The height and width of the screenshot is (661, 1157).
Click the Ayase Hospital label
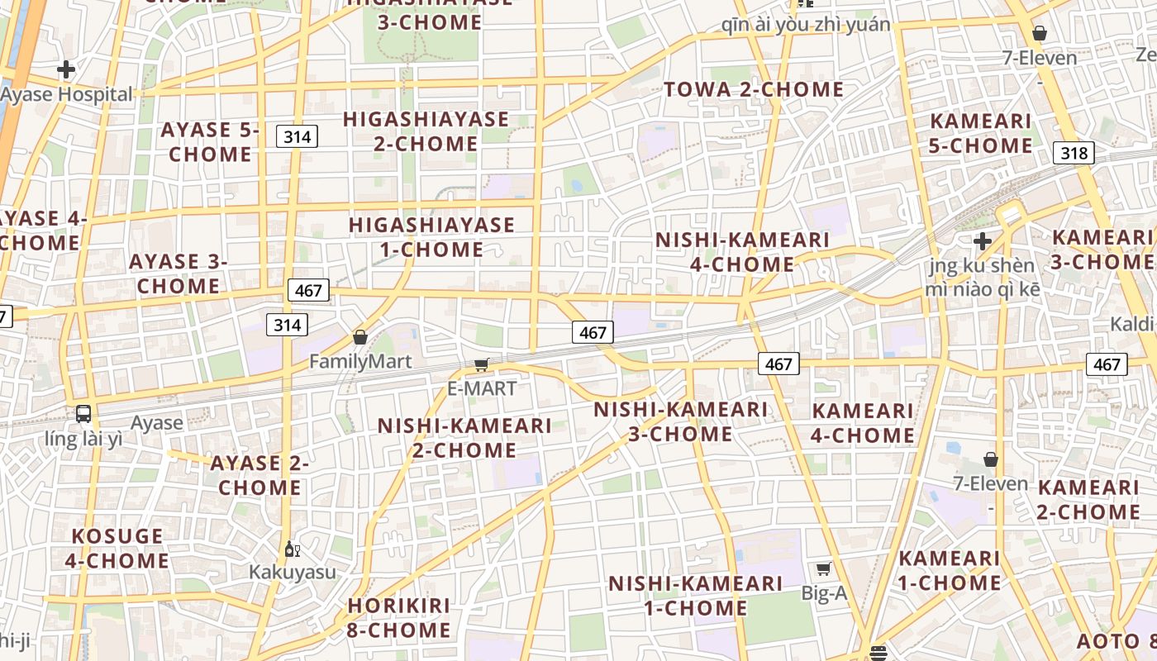[66, 94]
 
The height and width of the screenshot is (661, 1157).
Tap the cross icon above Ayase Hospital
[66, 69]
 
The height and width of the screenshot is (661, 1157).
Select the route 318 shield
[1074, 153]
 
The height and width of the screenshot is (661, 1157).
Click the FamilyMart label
[360, 361]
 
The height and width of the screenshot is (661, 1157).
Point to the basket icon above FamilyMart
[360, 337]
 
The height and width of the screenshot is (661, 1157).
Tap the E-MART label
[482, 388]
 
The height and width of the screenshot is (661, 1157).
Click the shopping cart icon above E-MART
[482, 364]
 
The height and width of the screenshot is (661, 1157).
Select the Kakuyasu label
[293, 572]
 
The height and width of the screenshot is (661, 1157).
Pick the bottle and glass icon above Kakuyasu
[292, 549]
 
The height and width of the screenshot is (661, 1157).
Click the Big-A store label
[825, 592]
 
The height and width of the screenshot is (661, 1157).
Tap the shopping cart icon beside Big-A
[824, 568]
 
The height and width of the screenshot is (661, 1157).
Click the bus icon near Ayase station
[83, 414]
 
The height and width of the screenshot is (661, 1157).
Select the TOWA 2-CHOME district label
[754, 89]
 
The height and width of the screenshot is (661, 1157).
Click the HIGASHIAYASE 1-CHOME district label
[431, 237]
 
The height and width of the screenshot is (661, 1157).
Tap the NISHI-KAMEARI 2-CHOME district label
[464, 438]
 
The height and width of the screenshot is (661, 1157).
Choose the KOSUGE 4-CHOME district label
[117, 549]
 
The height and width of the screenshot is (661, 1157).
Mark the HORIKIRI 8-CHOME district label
[399, 618]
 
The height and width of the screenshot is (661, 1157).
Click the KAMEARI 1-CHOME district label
[950, 571]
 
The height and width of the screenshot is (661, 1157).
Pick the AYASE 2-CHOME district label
[259, 475]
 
